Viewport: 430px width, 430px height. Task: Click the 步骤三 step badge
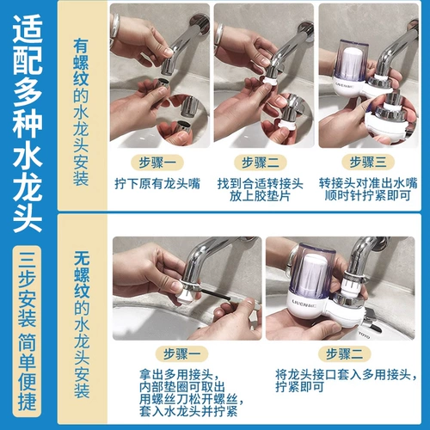click(x=368, y=163)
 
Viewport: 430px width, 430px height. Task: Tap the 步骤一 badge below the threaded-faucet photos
click(x=157, y=163)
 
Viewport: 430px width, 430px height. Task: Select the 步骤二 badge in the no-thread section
click(x=345, y=353)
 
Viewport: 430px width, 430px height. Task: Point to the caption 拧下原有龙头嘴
click(x=157, y=183)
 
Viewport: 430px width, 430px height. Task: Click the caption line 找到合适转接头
click(x=261, y=183)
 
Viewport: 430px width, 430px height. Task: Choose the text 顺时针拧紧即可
click(x=368, y=196)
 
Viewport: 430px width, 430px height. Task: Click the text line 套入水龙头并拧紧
click(x=188, y=411)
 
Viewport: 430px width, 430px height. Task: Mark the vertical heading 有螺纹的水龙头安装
click(x=81, y=113)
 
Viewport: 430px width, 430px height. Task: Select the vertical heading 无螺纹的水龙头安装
click(x=82, y=324)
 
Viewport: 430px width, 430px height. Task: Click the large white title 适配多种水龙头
click(x=28, y=123)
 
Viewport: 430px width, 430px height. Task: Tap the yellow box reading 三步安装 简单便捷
click(x=27, y=331)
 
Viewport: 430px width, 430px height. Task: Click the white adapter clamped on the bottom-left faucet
click(x=187, y=293)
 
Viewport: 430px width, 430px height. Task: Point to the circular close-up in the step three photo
click(x=390, y=119)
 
